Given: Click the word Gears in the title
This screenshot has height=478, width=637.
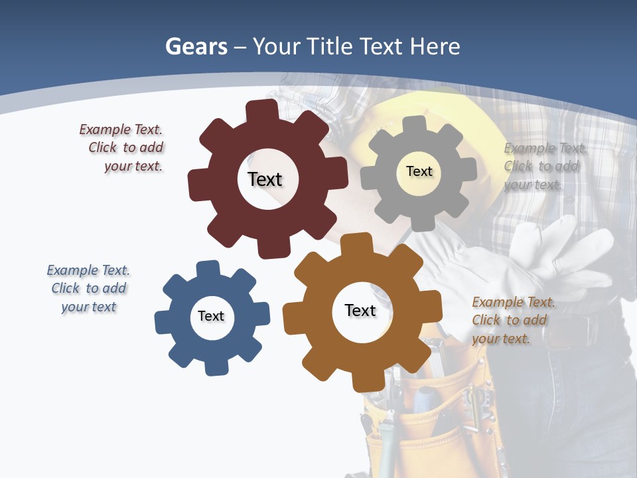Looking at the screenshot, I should coord(196,46).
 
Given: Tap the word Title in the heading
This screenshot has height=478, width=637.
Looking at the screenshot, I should coord(330,46).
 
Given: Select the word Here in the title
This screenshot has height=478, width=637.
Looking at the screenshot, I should coord(435,46).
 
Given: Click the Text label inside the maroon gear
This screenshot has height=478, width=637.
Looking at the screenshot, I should coord(265,179).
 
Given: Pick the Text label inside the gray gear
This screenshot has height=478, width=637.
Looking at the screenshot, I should coord(419,171).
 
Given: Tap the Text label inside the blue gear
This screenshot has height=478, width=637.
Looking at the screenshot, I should coord(211,317).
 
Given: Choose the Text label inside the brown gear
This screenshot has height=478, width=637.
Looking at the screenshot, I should coord(360,311).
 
